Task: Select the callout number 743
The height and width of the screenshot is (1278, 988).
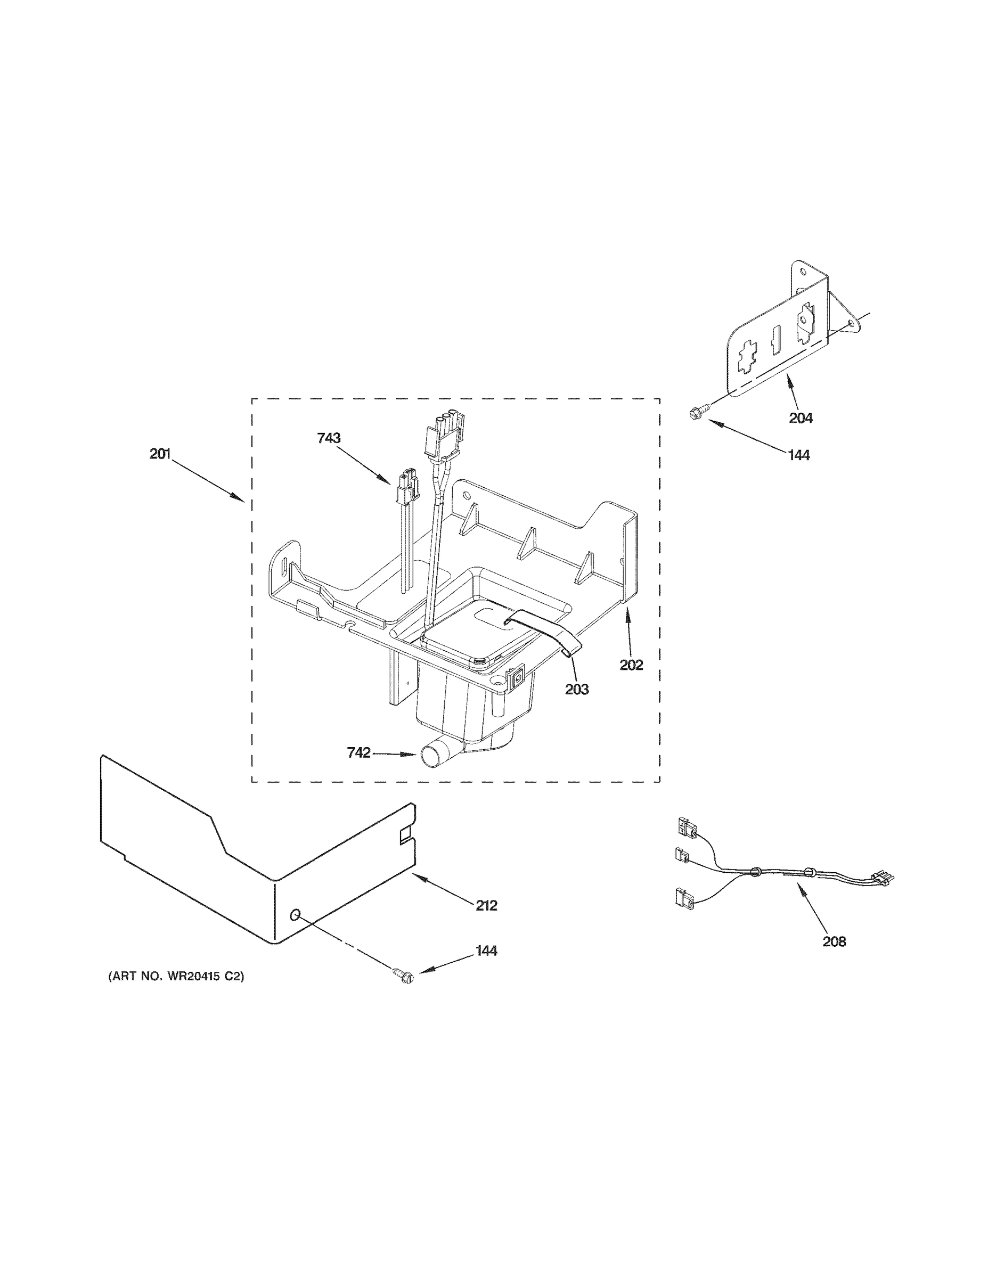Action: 329,438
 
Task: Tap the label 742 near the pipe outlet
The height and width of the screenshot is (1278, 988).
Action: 358,752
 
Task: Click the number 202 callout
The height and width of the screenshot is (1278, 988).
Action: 632,665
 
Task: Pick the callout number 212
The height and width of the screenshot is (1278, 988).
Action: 486,906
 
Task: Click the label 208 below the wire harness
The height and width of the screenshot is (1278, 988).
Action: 834,941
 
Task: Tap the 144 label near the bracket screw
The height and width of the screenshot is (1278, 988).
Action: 799,455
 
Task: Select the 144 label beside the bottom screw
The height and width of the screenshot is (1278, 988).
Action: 486,951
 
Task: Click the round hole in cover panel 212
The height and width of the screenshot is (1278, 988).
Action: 296,915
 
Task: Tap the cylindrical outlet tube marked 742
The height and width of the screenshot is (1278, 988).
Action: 432,756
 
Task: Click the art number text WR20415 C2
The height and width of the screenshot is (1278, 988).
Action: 176,976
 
